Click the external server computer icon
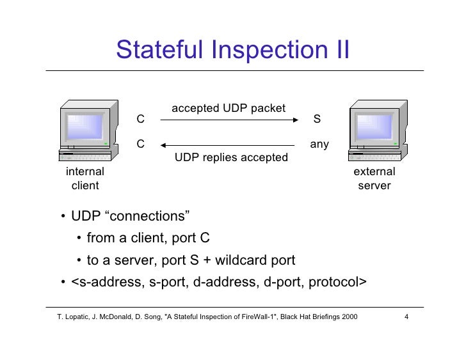[374, 131]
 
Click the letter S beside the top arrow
[317, 120]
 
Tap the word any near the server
[319, 145]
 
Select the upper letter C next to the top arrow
[141, 120]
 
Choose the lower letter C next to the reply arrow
[141, 145]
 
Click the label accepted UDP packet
[229, 108]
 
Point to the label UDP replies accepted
[231, 157]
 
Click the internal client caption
[85, 178]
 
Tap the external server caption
[374, 178]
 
